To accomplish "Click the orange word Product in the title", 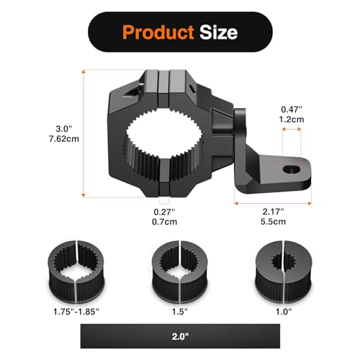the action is click(158, 32).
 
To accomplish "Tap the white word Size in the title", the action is click(219, 32).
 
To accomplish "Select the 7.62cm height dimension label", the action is click(64, 139).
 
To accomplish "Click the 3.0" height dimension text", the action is click(64, 129).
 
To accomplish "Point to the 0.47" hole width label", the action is click(292, 109).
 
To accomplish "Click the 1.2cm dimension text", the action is click(292, 120).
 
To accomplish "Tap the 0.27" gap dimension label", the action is click(164, 212).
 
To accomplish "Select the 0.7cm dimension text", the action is click(164, 222).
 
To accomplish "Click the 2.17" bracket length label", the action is click(273, 212).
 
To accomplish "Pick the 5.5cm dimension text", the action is click(273, 221).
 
